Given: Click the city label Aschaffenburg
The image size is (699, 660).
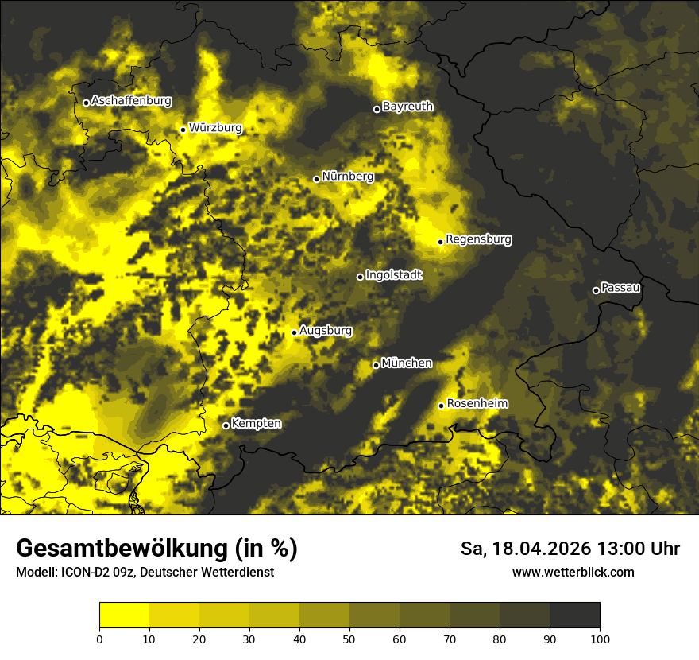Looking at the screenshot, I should (131, 101).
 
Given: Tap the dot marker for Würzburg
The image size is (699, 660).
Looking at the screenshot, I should (183, 130).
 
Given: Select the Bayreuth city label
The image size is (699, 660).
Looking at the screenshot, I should (407, 106).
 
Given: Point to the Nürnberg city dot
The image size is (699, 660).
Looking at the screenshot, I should (316, 179).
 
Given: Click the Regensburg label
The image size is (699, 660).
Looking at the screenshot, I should (478, 239).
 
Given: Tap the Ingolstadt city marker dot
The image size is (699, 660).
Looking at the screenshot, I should (360, 277).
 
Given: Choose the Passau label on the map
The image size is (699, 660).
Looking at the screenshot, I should (620, 288).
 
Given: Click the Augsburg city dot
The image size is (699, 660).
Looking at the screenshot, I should (294, 332).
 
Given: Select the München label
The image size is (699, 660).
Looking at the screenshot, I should (407, 363).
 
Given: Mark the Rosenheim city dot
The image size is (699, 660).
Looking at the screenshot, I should (441, 406).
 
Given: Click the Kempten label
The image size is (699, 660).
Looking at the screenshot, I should (256, 424).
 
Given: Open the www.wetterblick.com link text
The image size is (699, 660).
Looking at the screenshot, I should (573, 572).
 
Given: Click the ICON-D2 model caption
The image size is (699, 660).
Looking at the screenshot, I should (83, 572).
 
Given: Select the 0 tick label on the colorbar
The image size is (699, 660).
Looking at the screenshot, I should (99, 639).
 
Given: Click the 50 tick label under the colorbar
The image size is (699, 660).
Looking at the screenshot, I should (349, 639).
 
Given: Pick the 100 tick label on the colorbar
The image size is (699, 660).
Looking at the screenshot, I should (600, 639).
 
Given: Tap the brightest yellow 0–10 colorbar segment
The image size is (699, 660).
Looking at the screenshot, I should (124, 615).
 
